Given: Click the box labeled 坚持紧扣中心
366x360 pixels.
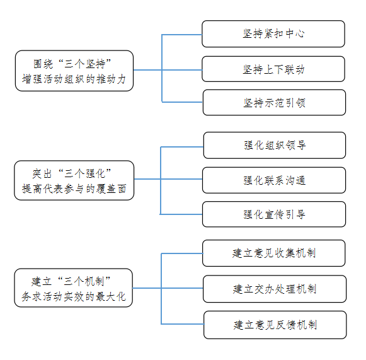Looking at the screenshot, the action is pyautogui.click(x=273, y=34).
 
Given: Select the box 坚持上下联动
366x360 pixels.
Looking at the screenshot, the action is pyautogui.click(x=273, y=69).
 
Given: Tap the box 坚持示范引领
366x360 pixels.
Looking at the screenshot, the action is pyautogui.click(x=274, y=102).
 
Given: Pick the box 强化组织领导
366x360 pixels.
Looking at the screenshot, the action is pyautogui.click(x=275, y=145).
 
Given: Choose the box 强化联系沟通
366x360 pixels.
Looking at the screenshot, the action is pyautogui.click(x=274, y=180).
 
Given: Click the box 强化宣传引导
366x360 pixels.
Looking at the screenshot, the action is pyautogui.click(x=274, y=214).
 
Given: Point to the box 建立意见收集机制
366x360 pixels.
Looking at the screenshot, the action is pyautogui.click(x=273, y=253).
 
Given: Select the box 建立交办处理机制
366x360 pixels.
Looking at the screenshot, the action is pyautogui.click(x=275, y=289).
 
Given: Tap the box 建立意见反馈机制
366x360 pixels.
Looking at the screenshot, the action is pyautogui.click(x=275, y=325).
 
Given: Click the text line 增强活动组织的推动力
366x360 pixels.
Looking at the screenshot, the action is pyautogui.click(x=74, y=79).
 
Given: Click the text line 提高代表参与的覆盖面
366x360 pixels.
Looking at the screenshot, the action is pyautogui.click(x=74, y=189).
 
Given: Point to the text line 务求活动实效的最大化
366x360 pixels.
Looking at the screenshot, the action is pyautogui.click(x=74, y=297).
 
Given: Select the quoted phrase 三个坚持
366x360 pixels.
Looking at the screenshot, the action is pyautogui.click(x=85, y=64).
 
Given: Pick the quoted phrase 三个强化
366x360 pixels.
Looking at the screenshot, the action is pyautogui.click(x=85, y=173).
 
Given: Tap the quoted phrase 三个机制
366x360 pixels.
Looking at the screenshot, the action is pyautogui.click(x=84, y=281).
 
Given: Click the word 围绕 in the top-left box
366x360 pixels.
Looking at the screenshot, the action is pyautogui.click(x=43, y=64).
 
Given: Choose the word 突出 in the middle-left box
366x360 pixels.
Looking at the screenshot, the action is pyautogui.click(x=42, y=173).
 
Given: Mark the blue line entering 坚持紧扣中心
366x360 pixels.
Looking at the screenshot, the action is pyautogui.click(x=182, y=35).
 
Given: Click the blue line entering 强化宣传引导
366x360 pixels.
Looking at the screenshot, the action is pyautogui.click(x=181, y=214).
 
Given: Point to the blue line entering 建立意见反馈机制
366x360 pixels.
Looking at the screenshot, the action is pyautogui.click(x=183, y=324).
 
